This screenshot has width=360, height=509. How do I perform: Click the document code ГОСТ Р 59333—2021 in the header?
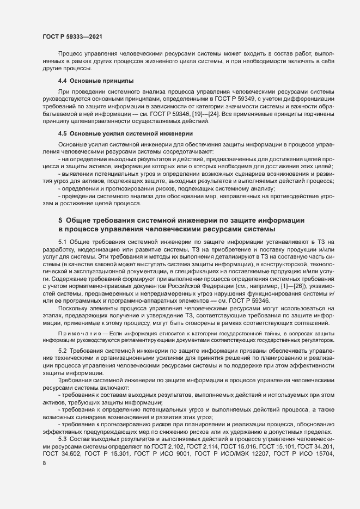click(x=71, y=36)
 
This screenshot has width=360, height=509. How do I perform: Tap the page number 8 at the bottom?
click(x=44, y=464)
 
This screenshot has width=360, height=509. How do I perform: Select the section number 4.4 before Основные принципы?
click(x=63, y=81)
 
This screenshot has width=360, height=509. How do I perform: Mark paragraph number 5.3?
click(x=63, y=439)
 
